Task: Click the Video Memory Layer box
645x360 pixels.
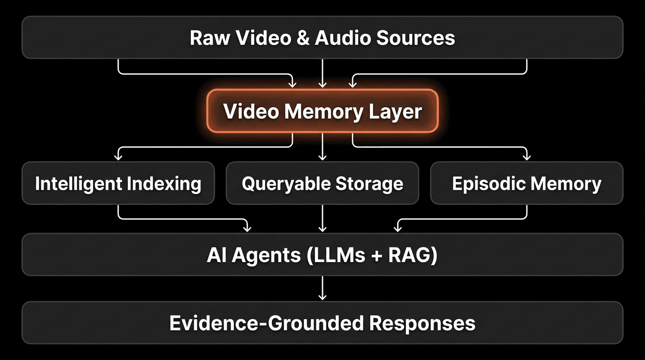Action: pos(322,112)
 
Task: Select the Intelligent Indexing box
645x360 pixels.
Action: pos(118,183)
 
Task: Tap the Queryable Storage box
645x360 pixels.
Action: pos(322,183)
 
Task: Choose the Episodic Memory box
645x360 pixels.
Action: pos(526,183)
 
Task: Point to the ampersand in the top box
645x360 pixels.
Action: pos(303,37)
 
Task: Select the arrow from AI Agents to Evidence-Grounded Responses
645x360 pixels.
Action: pos(322,288)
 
